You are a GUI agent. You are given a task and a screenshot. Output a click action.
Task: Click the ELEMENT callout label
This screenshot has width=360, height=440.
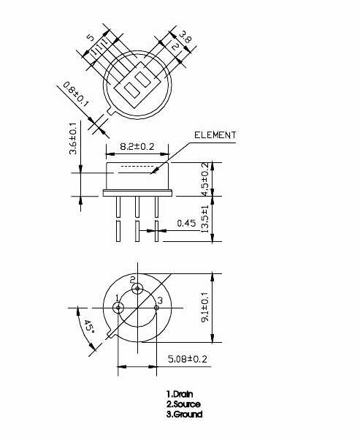pos(215,135)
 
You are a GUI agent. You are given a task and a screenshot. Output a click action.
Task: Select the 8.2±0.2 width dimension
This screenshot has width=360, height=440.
pos(137,146)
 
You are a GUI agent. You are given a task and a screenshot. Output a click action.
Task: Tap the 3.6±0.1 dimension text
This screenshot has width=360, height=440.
pos(73,138)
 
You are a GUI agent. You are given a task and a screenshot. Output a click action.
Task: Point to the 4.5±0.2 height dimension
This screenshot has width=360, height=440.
pos(205,179)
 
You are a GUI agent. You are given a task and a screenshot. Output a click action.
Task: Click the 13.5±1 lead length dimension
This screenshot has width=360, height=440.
pos(205,219)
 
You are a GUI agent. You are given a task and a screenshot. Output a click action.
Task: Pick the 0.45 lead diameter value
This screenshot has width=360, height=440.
pos(186,223)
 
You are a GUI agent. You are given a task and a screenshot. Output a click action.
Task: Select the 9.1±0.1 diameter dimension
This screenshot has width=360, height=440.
pos(205,307)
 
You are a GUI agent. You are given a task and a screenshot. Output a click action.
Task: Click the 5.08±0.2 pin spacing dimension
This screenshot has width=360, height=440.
pos(188,359)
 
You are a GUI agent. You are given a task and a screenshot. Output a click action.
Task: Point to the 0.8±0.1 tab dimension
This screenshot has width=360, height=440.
pos(75,94)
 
